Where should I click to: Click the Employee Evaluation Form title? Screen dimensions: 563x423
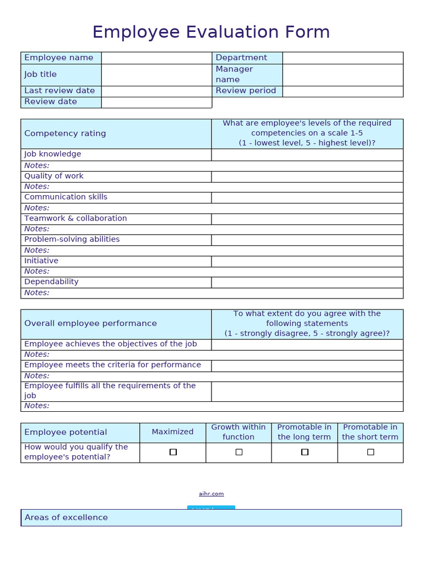pyautogui.click(x=211, y=32)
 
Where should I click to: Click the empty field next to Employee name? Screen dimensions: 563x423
pyautogui.click(x=156, y=58)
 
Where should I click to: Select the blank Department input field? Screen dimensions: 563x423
pyautogui.click(x=343, y=58)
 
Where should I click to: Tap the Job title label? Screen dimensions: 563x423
pyautogui.click(x=41, y=74)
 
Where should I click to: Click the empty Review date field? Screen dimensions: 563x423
pyautogui.click(x=156, y=102)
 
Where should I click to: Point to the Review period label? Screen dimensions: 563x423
pyautogui.click(x=246, y=91)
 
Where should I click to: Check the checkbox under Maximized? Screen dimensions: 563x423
pyautogui.click(x=173, y=452)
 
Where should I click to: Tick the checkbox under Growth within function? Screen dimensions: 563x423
pyautogui.click(x=238, y=452)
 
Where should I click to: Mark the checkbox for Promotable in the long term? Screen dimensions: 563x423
pyautogui.click(x=305, y=452)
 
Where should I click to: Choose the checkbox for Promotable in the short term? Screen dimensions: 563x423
pyautogui.click(x=370, y=452)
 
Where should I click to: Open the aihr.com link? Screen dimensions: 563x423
pyautogui.click(x=211, y=494)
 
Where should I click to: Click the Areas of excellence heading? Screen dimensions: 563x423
pyautogui.click(x=66, y=517)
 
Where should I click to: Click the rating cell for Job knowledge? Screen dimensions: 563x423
pyautogui.click(x=307, y=154)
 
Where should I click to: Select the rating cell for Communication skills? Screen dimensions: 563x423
pyautogui.click(x=307, y=197)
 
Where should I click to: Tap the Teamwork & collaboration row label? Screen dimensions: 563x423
pyautogui.click(x=75, y=218)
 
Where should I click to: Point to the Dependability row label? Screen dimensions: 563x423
pyautogui.click(x=51, y=281)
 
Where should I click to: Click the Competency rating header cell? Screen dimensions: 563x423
pyautogui.click(x=65, y=134)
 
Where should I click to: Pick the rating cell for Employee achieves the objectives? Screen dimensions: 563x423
pyautogui.click(x=307, y=345)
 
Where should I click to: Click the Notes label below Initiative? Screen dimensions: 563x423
pyautogui.click(x=37, y=271)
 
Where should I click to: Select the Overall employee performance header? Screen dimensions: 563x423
pyautogui.click(x=90, y=324)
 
